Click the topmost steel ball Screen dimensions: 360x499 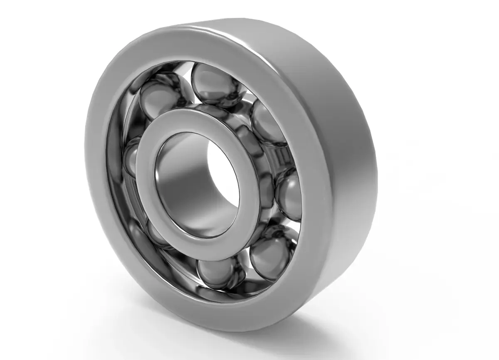(x=216, y=85)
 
